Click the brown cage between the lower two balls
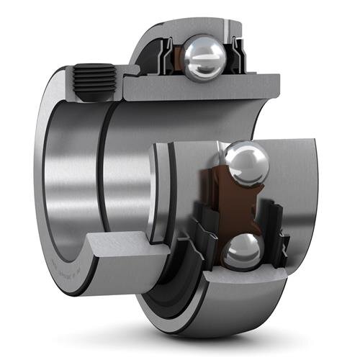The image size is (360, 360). click(x=217, y=209)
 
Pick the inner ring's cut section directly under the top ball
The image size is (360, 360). click(x=202, y=88)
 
